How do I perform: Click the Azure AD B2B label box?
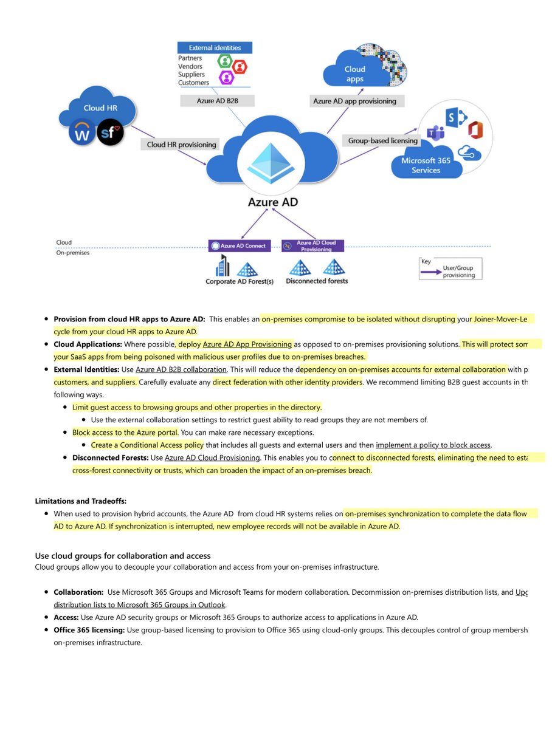214,100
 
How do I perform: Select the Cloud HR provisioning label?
181,145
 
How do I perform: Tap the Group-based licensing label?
383,140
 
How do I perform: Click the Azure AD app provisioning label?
354,101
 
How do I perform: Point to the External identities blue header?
215,47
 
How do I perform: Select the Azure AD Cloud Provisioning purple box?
312,246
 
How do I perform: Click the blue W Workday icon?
81,132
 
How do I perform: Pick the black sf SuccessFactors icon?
110,132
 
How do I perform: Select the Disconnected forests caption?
317,281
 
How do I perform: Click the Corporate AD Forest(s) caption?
240,282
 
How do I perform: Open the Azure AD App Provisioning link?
247,344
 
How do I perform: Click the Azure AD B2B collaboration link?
181,369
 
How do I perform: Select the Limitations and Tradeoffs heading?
81,501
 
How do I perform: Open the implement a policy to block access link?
433,445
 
